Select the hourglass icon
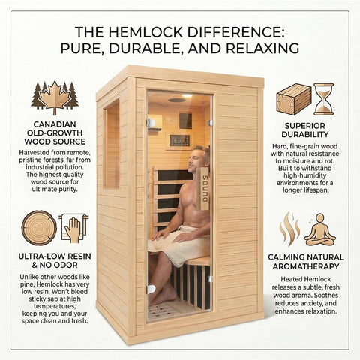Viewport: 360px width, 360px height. pos(324,99)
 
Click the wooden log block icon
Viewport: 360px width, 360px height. pos(294,100)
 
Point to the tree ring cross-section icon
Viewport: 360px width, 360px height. pos(39,228)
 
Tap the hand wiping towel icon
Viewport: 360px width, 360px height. pos(73,228)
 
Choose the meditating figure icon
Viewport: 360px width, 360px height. pos(319,229)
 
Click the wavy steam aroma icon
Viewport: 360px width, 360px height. pos(290,229)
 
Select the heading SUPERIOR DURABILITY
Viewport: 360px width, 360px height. pos(304,130)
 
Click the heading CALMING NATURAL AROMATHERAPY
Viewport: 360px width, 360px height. pos(306,262)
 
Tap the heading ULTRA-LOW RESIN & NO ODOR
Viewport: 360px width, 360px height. pos(55,260)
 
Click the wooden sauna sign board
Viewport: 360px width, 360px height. pos(203,188)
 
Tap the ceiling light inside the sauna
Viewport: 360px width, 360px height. pos(187,95)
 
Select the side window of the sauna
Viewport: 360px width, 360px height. pos(112,144)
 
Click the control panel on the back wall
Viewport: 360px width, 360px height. pos(179,141)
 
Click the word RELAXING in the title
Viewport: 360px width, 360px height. pos(262,48)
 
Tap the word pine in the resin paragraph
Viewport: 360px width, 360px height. pos(26,284)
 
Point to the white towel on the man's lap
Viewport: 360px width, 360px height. pos(179,245)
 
